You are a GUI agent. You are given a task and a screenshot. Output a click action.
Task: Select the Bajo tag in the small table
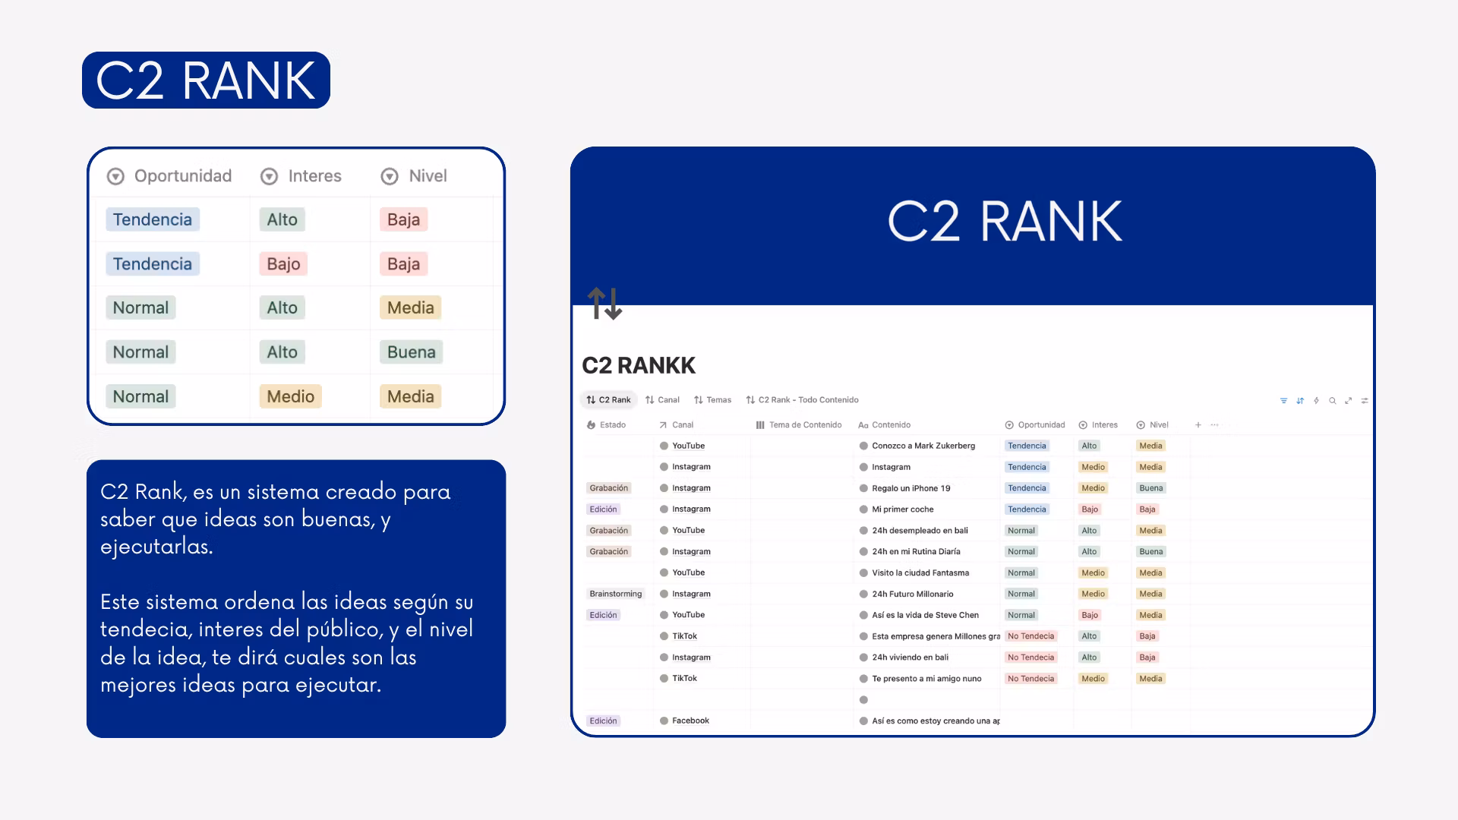(x=283, y=263)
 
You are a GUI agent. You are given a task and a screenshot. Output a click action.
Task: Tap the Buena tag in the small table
(x=411, y=352)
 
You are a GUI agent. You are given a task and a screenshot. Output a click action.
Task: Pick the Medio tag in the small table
(x=290, y=396)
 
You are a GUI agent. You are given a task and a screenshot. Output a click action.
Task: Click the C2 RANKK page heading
(x=638, y=365)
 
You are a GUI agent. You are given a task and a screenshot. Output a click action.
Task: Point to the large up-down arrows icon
(x=604, y=304)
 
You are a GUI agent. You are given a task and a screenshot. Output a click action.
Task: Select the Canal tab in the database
(x=662, y=399)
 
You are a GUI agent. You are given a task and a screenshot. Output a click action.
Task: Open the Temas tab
(x=712, y=399)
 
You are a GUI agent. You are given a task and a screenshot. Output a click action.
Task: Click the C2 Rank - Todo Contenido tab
(x=802, y=399)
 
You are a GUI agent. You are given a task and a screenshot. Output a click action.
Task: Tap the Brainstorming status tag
(x=615, y=594)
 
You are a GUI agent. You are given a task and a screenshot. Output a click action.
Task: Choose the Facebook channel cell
(x=690, y=721)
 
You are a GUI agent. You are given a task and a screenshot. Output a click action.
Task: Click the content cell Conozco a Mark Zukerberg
(x=923, y=446)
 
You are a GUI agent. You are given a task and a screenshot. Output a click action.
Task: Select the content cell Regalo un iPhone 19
(x=911, y=488)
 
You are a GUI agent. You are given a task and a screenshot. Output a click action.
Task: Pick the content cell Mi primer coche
(x=903, y=509)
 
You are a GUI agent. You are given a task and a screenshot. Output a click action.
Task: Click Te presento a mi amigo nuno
(x=926, y=679)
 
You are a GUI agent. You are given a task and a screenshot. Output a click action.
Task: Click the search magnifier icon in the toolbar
(x=1332, y=400)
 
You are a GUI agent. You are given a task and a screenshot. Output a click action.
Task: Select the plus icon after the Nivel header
(x=1198, y=425)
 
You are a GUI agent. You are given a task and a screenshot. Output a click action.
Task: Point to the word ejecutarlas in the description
(x=156, y=547)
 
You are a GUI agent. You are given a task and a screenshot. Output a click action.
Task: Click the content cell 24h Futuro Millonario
(x=912, y=594)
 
